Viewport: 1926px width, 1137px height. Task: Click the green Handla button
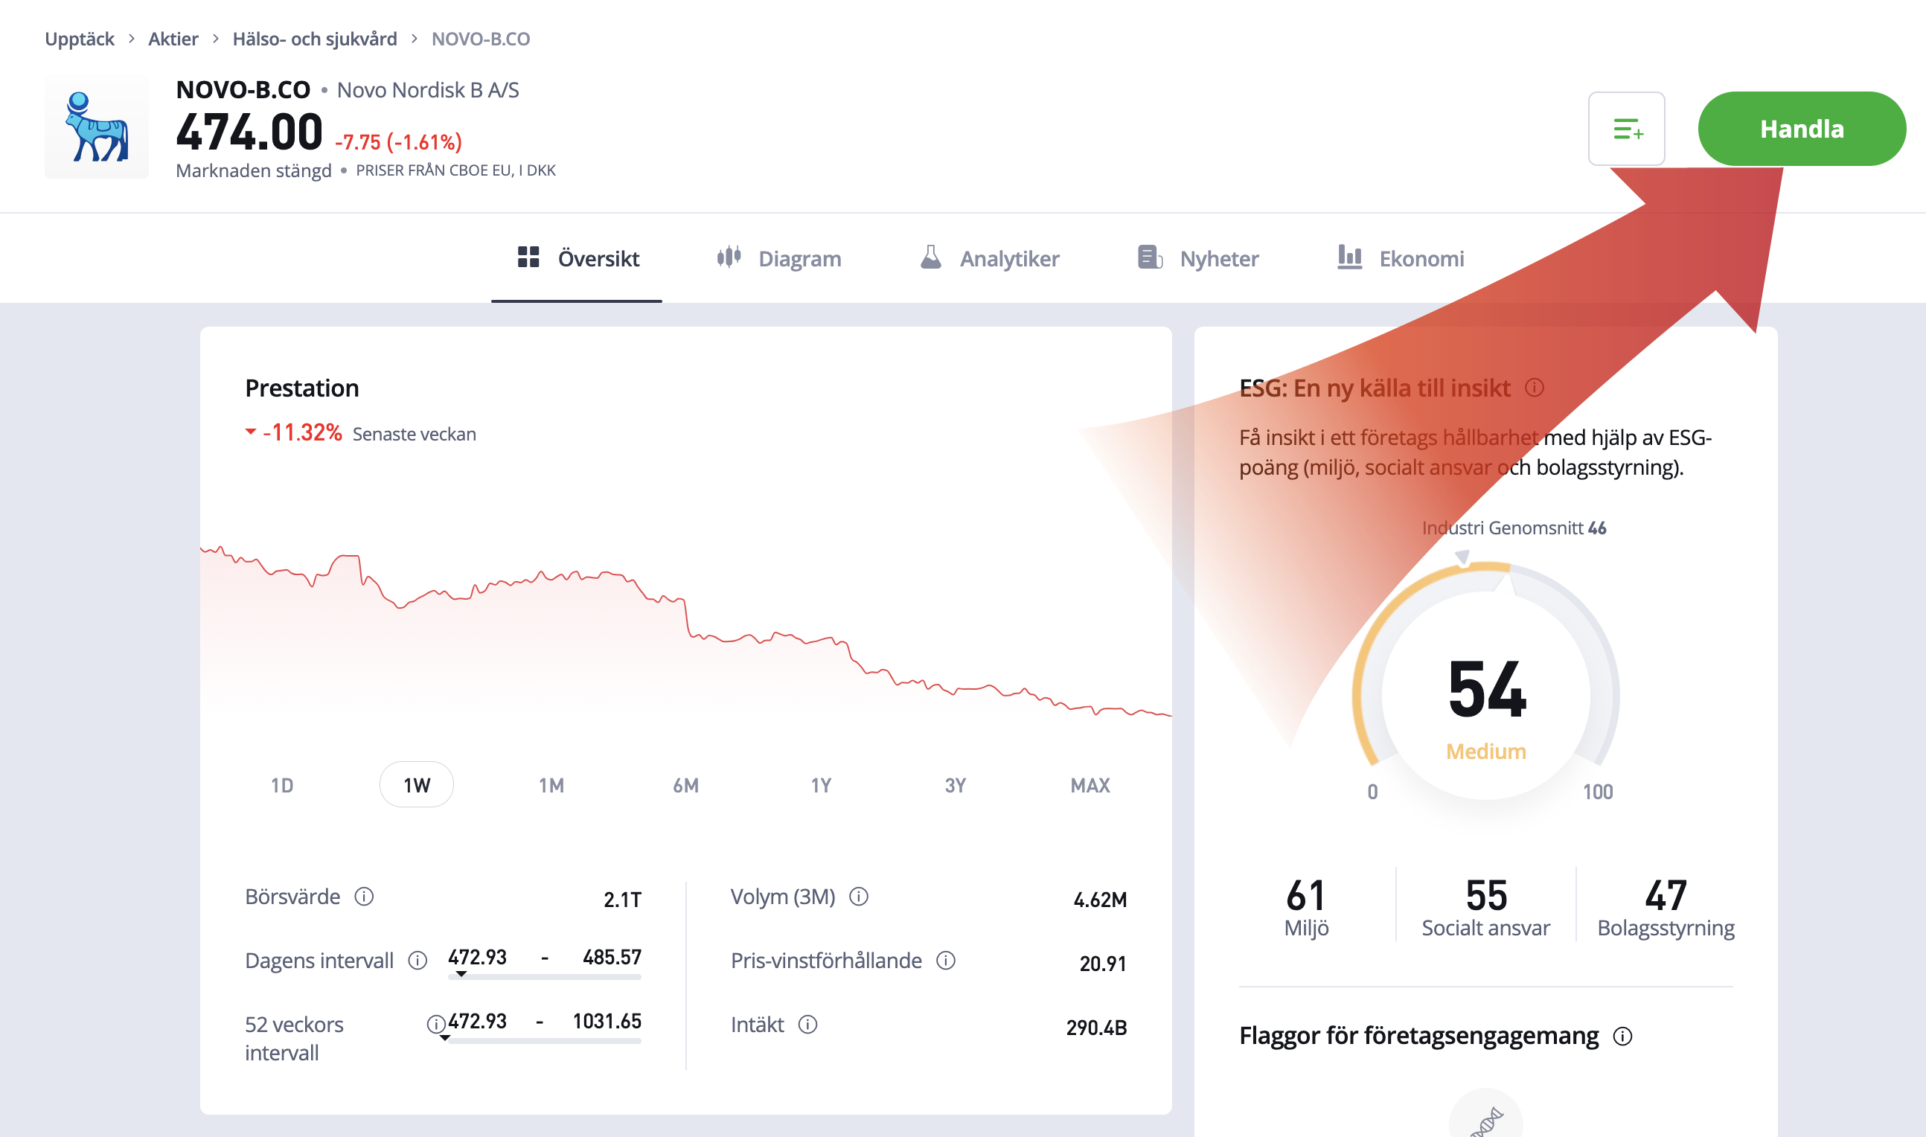[1800, 129]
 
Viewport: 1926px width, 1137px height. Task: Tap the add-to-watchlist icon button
[1625, 129]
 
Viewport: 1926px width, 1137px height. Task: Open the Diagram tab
[779, 259]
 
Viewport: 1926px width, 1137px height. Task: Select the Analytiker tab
[990, 259]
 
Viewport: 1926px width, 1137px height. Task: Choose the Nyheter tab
[1199, 259]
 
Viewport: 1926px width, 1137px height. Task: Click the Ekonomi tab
[1401, 259]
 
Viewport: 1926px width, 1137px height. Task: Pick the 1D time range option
[282, 785]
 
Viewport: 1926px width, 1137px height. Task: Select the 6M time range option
[685, 785]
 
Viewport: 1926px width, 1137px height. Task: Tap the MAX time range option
[1090, 785]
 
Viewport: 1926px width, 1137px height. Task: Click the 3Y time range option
[956, 785]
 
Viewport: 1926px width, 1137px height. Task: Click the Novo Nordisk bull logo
[97, 127]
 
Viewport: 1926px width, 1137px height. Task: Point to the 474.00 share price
[250, 132]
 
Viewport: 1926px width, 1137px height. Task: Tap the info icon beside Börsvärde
[364, 897]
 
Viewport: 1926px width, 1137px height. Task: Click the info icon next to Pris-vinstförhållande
[946, 961]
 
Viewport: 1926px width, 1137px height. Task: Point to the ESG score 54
[1487, 691]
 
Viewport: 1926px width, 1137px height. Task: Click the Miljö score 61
[1305, 896]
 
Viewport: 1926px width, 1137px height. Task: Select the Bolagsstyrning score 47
[1666, 896]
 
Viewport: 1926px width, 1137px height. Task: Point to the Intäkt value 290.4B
[1096, 1028]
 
